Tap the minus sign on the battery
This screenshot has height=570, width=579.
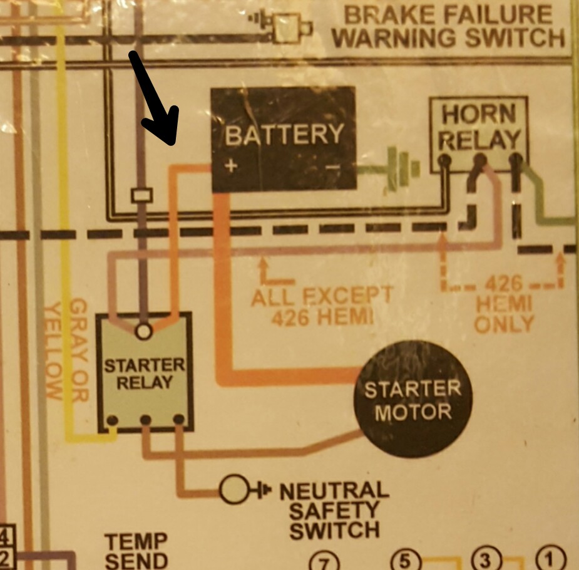[333, 167]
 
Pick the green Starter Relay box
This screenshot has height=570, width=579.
[145, 373]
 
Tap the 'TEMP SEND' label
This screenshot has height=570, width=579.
[136, 551]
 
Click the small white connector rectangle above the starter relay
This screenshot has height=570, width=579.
[141, 195]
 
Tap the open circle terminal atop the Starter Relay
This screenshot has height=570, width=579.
[144, 330]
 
